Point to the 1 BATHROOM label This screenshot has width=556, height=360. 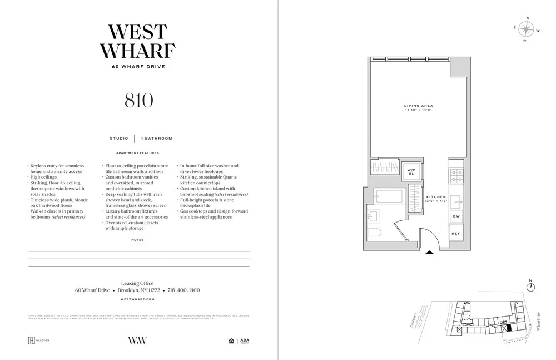tap(157, 138)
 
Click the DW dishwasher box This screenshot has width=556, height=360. tap(456, 216)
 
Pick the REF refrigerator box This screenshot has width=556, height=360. tap(455, 234)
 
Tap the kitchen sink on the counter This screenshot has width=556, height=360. tap(456, 200)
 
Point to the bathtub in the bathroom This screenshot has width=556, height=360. tap(385, 196)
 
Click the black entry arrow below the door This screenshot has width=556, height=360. tap(429, 253)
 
